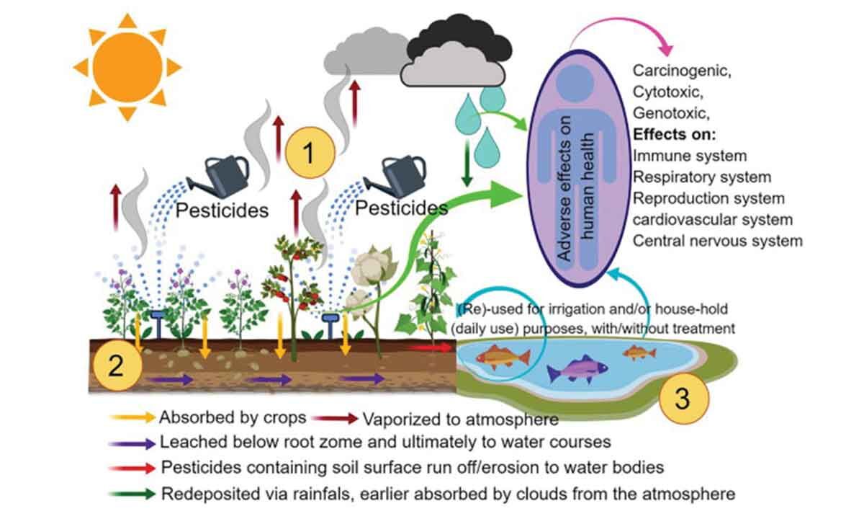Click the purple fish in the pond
pos(577,371)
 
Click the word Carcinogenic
pos(681,71)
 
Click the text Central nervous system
pos(717,240)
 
